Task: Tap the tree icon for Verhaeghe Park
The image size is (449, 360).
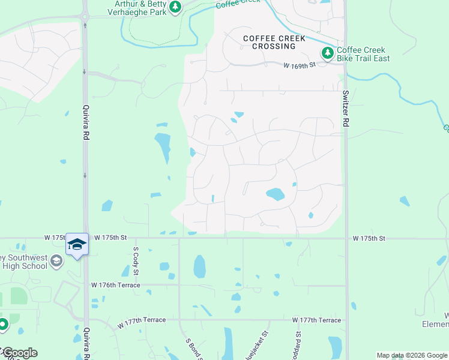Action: (175, 7)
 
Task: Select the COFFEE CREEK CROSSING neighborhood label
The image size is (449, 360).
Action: (274, 42)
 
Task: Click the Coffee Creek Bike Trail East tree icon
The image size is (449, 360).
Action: (328, 53)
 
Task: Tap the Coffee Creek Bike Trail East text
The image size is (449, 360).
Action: (363, 54)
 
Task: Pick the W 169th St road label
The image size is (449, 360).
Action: (300, 64)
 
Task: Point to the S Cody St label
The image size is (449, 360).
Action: (136, 261)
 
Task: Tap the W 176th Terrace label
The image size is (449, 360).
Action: (115, 285)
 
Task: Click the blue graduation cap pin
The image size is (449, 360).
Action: (77, 244)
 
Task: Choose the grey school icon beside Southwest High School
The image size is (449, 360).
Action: (56, 260)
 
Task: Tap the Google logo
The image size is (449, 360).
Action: (19, 352)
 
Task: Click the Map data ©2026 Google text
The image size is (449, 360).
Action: (411, 355)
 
